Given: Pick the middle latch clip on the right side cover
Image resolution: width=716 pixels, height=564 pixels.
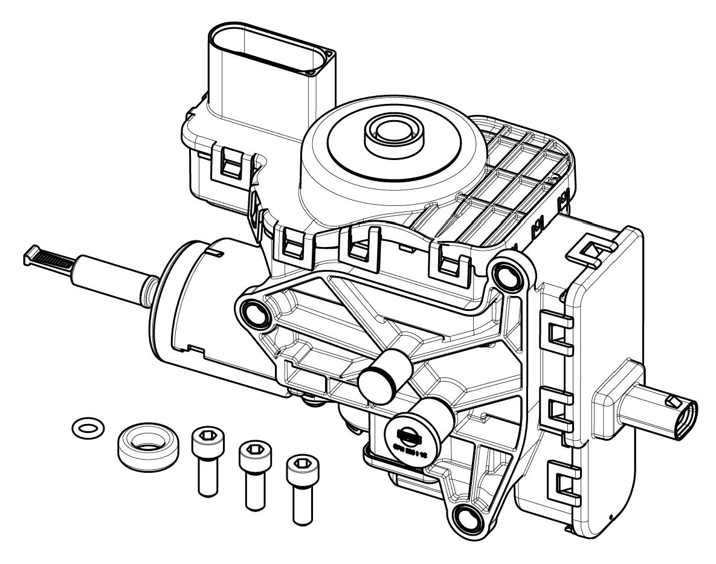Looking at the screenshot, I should click(558, 411).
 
